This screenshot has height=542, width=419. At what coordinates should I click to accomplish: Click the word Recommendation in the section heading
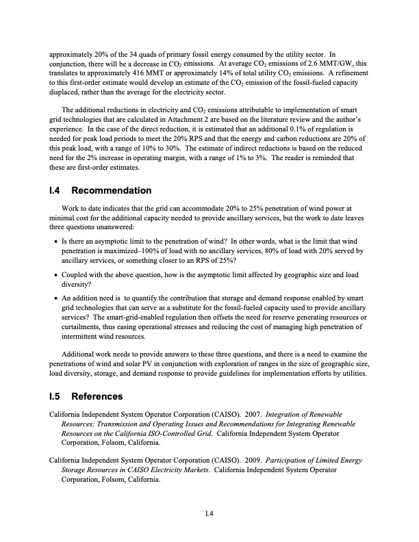tap(111, 190)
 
